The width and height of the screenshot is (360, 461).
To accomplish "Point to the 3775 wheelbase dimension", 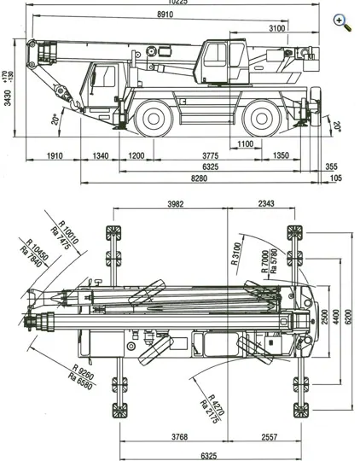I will click(x=210, y=155).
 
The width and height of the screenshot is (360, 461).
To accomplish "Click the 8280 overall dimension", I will click(x=199, y=178).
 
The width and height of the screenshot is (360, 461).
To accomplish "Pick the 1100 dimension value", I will click(x=246, y=143).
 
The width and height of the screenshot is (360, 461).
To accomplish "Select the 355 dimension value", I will click(x=332, y=166).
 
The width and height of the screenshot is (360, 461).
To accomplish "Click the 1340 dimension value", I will click(x=101, y=155).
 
